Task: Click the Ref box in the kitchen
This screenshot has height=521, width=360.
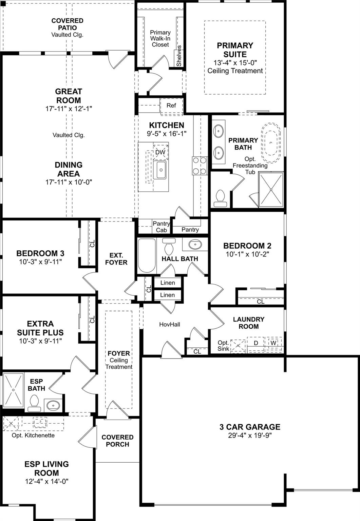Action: pyautogui.click(x=171, y=105)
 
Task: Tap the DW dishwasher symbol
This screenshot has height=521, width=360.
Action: pyautogui.click(x=160, y=152)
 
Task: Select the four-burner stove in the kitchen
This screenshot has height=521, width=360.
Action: pyautogui.click(x=200, y=166)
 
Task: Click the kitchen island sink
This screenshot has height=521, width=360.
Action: pyautogui.click(x=161, y=170)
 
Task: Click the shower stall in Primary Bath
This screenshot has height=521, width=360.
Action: pyautogui.click(x=271, y=189)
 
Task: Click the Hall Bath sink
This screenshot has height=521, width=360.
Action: pyautogui.click(x=195, y=244)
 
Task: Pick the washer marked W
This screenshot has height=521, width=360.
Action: pyautogui.click(x=273, y=343)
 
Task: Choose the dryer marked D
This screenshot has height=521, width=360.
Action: pyautogui.click(x=256, y=343)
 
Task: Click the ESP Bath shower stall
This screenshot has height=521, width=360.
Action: pyautogui.click(x=14, y=390)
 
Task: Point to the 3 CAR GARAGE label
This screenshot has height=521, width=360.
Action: pyautogui.click(x=250, y=427)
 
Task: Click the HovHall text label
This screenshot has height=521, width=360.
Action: pyautogui.click(x=170, y=325)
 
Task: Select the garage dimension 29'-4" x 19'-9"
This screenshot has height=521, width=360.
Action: pyautogui.click(x=250, y=436)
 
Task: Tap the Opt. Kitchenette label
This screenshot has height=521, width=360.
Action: pyautogui.click(x=33, y=435)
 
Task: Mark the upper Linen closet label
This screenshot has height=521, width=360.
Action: pyautogui.click(x=167, y=283)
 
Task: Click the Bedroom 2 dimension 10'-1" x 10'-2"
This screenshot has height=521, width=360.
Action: pyautogui.click(x=247, y=254)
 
